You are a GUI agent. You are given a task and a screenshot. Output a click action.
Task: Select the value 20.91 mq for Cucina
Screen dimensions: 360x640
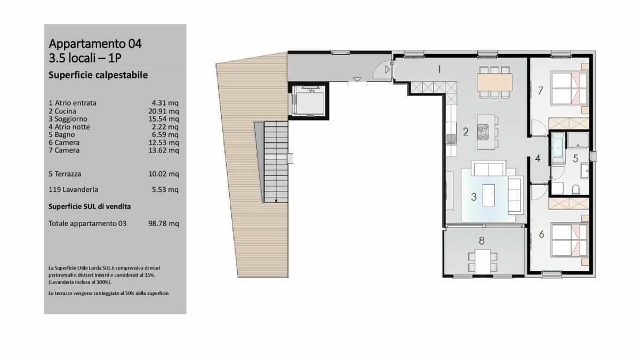tap(165, 111)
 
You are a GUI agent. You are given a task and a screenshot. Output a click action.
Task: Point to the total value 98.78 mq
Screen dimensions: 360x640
tap(163, 224)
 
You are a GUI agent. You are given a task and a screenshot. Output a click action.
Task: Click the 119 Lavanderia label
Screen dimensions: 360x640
tap(73, 189)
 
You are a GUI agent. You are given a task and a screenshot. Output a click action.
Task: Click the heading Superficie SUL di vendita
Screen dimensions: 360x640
tap(90, 206)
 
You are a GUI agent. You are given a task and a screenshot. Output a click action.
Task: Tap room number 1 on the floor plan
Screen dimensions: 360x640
tap(439, 69)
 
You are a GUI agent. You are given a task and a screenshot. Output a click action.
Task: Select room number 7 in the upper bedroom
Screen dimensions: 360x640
tap(540, 90)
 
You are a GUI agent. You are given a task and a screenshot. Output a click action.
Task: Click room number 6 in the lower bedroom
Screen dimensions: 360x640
tap(541, 234)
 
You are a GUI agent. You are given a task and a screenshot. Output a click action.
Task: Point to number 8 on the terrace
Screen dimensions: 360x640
tap(482, 241)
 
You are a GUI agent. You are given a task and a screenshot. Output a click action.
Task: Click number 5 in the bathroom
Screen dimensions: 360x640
tap(575, 158)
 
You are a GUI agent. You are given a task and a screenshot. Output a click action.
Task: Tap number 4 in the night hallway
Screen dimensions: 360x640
tap(538, 158)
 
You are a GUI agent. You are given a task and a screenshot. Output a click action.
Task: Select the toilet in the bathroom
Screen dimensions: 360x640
tap(575, 189)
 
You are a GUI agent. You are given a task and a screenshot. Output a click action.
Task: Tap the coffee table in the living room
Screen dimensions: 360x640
tap(488, 193)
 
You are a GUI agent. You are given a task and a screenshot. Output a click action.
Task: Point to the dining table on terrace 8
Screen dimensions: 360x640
tap(482, 260)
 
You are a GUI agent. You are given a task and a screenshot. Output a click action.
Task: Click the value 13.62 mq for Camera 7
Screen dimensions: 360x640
tap(165, 150)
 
